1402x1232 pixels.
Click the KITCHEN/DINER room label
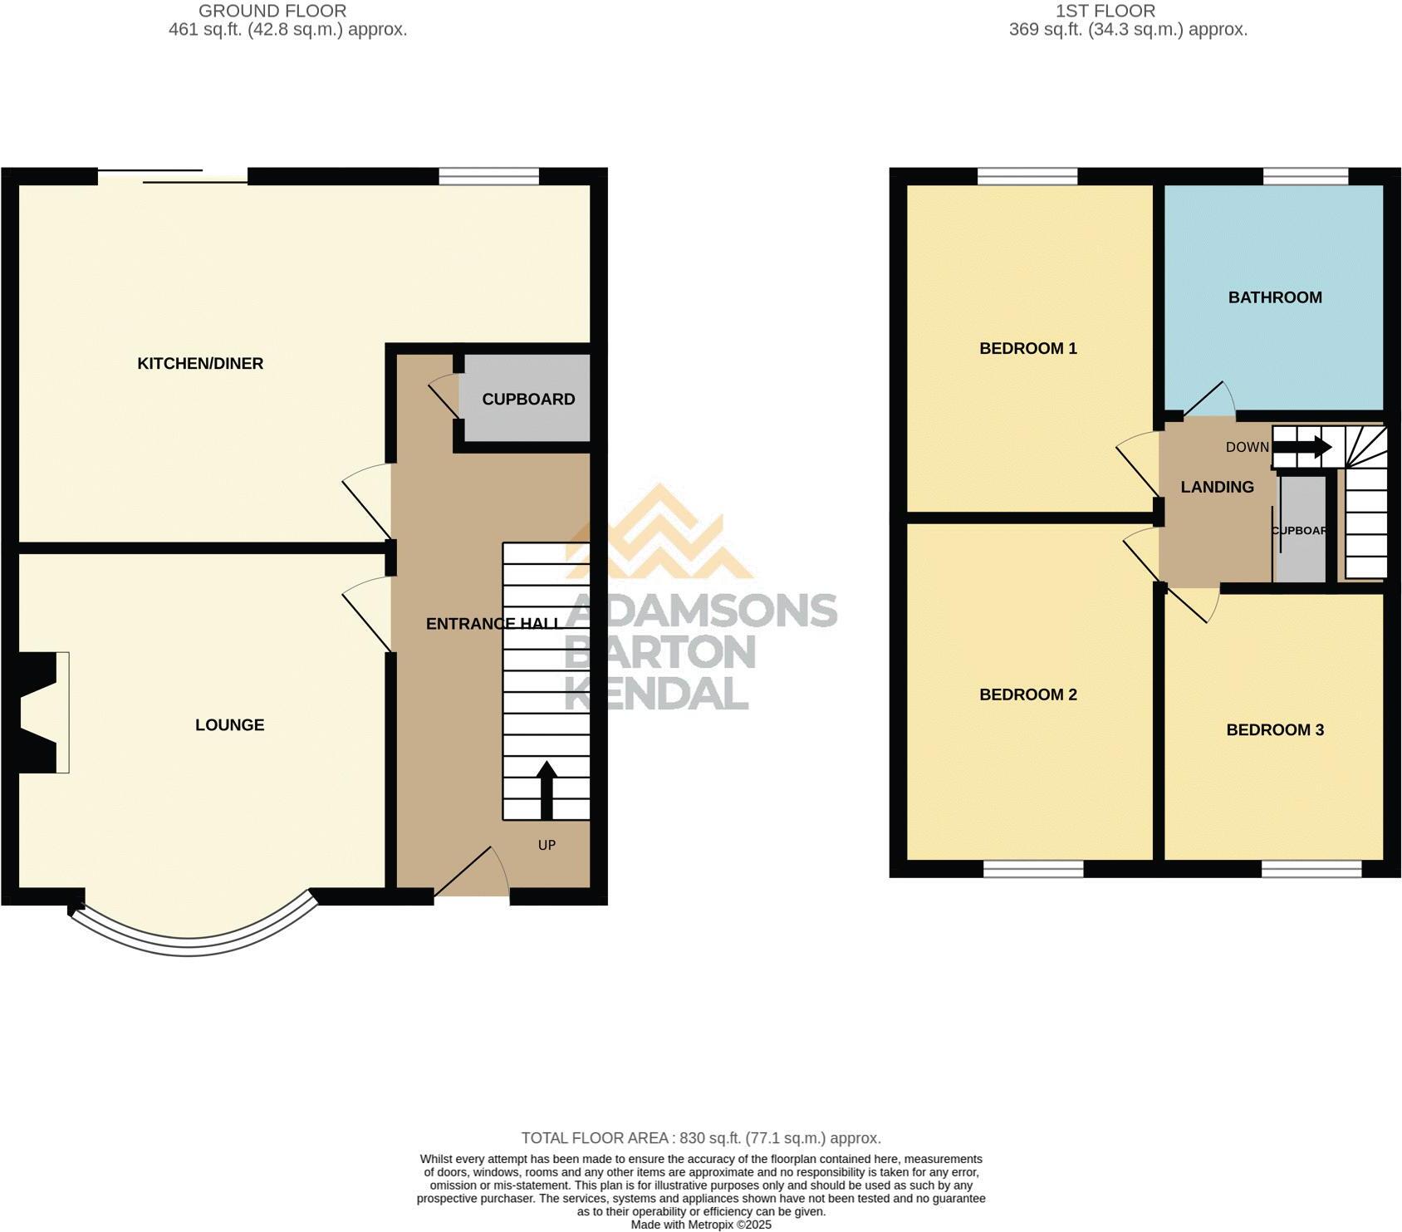pos(200,363)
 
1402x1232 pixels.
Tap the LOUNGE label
pos(229,725)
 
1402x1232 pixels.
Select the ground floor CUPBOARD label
pos(528,400)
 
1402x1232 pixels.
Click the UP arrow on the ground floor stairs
pos(547,789)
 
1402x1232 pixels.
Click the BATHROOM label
pos(1275,297)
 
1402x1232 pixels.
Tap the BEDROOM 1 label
pos(1028,349)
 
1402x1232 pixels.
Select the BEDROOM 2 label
pos(1028,695)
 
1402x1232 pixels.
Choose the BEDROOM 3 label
pos(1275,730)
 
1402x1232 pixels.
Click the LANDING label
pos(1217,488)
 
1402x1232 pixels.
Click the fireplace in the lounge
pos(42,713)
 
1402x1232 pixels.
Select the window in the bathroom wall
pos(1305,176)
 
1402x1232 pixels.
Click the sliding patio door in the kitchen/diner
pos(173,176)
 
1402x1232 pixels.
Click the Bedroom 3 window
pos(1311,869)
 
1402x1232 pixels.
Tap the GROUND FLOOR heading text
pos(272,11)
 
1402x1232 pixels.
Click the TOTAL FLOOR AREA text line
pos(700,1138)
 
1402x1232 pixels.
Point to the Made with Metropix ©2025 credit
pos(701,1225)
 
